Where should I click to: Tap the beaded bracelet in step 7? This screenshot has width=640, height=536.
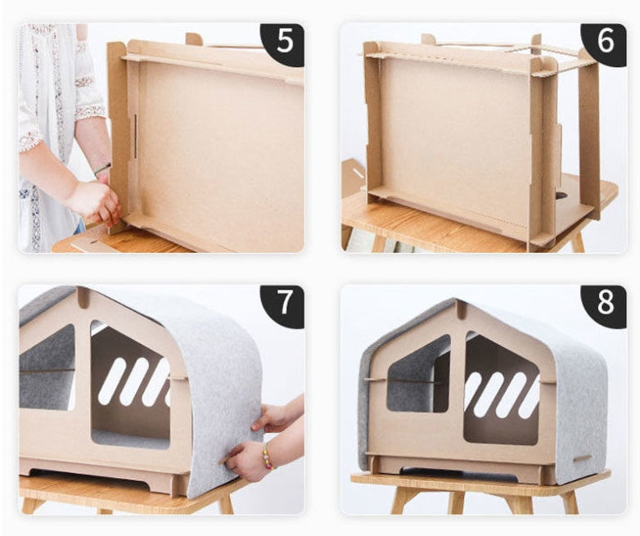point(267,456)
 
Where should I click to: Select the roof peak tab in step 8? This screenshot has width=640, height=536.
point(462,309)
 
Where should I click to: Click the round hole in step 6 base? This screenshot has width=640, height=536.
point(562,196)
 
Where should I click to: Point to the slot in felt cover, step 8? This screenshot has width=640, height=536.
point(582,457)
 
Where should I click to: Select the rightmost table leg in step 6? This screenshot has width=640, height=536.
point(578,242)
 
